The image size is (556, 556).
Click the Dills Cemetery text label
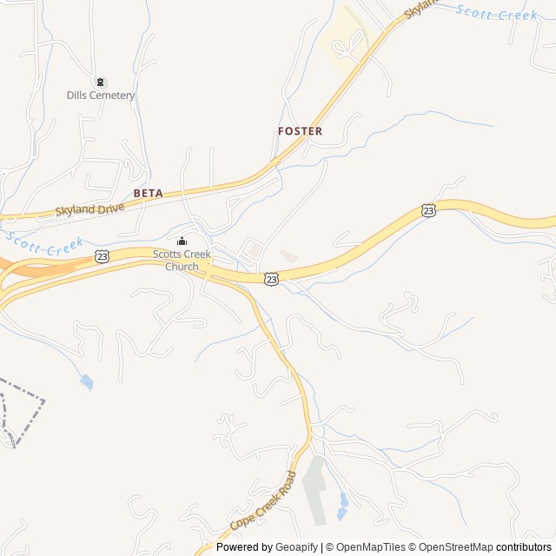pyautogui.click(x=101, y=96)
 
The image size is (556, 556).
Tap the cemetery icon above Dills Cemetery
pyautogui.click(x=101, y=83)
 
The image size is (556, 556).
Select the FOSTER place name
pyautogui.click(x=300, y=131)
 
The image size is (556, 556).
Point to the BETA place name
pyautogui.click(x=148, y=193)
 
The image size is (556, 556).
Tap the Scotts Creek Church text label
pyautogui.click(x=181, y=260)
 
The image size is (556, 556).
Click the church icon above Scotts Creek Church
pyautogui.click(x=181, y=242)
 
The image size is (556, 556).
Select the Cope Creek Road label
pyautogui.click(x=263, y=502)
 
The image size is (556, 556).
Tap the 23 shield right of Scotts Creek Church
pyautogui.click(x=272, y=279)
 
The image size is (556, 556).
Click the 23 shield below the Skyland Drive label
pyautogui.click(x=103, y=256)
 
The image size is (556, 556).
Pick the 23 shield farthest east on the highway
pyautogui.click(x=428, y=210)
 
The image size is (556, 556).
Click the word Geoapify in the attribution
pyautogui.click(x=296, y=547)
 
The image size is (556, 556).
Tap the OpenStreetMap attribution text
pyautogui.click(x=452, y=547)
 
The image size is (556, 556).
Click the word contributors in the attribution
pyautogui.click(x=524, y=547)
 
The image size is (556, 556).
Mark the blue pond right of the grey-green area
pyautogui.click(x=344, y=503)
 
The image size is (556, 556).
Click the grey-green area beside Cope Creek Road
pyautogui.click(x=317, y=491)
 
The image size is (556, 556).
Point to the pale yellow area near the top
pyautogui.click(x=347, y=39)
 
